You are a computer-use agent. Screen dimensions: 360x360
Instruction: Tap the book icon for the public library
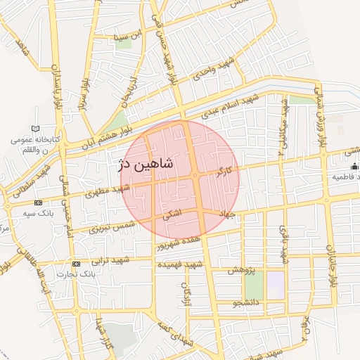(x=36, y=129)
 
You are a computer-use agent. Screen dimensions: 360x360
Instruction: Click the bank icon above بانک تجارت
(x=76, y=264)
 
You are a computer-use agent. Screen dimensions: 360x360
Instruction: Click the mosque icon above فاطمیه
(x=354, y=166)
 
